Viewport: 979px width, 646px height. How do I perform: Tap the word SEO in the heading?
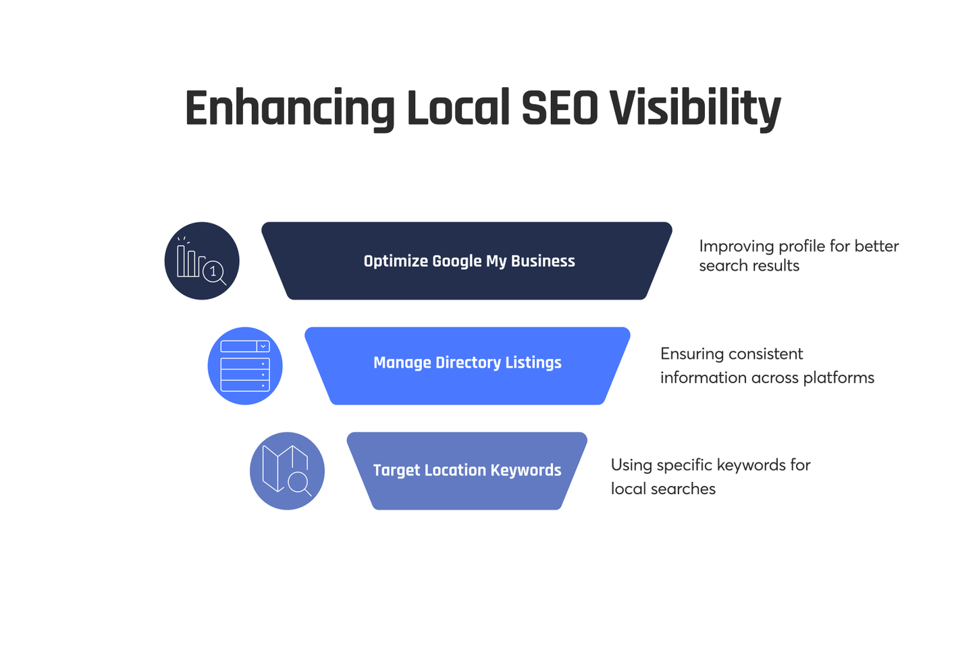560,109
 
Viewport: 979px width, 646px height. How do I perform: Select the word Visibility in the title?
695,109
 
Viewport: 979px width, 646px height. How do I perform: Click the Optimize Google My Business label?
469,261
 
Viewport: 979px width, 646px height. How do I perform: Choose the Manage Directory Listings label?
467,363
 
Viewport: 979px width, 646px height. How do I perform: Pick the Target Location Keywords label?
467,470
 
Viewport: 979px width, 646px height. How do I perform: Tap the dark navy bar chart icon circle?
202,261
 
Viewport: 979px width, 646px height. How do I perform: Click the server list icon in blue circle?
245,366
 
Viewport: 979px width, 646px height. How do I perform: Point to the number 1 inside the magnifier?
213,271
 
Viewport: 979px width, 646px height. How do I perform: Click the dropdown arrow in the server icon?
263,346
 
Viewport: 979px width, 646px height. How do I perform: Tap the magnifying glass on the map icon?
298,483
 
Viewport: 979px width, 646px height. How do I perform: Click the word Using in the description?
631,465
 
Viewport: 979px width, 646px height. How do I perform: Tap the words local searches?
663,489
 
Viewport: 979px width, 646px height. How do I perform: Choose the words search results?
749,266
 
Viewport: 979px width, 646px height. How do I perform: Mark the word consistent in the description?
766,354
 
